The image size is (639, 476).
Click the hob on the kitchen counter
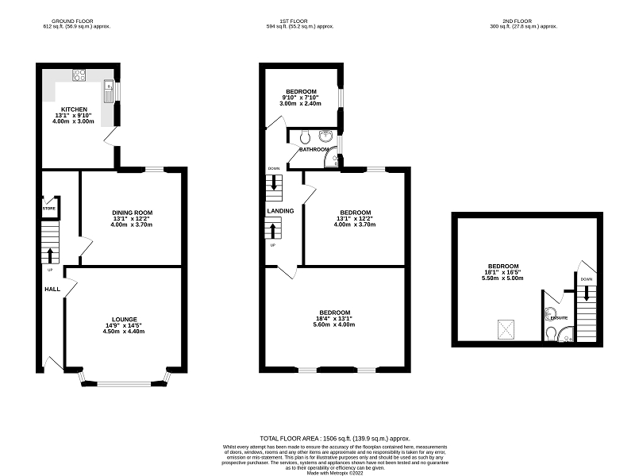[79, 76]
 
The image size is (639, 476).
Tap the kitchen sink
[109, 94]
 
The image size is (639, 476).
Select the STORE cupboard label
[49, 208]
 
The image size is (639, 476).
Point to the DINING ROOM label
[132, 213]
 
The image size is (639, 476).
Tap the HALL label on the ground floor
[52, 289]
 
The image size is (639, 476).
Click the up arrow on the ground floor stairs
[51, 255]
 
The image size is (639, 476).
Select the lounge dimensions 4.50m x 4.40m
[125, 332]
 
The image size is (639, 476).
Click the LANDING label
[281, 211]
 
